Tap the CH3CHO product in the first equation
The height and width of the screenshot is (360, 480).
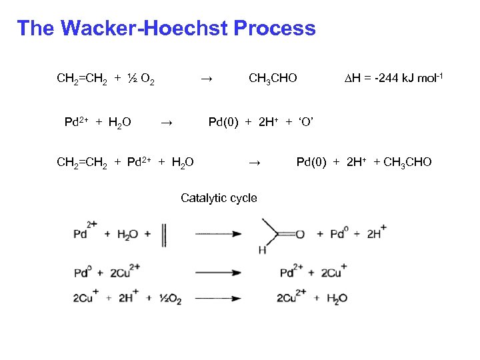click(273, 79)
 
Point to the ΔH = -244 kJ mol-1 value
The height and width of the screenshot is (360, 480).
click(393, 79)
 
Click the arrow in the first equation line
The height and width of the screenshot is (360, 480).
click(207, 79)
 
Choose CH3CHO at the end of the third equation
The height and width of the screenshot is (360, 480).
click(407, 162)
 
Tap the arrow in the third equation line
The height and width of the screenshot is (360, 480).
click(253, 162)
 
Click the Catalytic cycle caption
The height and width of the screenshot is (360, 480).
click(219, 198)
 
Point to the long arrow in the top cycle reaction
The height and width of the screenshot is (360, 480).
click(218, 235)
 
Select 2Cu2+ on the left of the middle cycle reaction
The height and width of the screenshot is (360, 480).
click(126, 272)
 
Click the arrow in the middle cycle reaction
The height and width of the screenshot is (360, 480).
click(218, 272)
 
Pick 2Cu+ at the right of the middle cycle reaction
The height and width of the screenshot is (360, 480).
click(333, 272)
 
